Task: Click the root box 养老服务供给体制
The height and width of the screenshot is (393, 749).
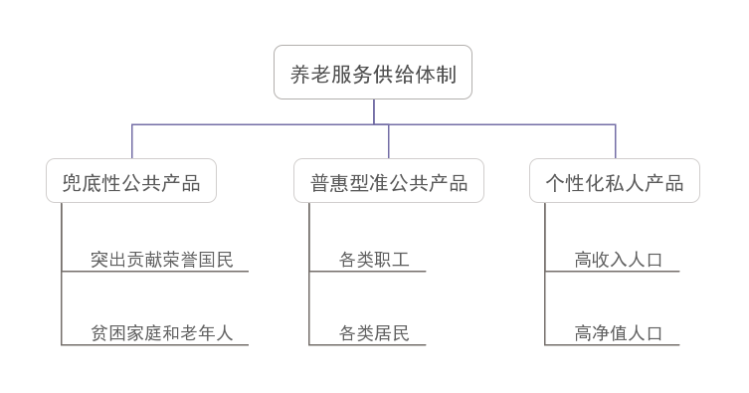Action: (x=373, y=73)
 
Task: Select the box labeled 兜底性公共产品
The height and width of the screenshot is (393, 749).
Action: (x=131, y=181)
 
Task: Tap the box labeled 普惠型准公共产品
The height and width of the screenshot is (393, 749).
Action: (x=389, y=181)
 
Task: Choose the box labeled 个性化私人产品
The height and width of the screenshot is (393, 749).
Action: (x=615, y=181)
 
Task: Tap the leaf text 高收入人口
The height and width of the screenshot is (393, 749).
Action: (x=618, y=260)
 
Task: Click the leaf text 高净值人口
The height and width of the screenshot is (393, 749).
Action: (x=618, y=333)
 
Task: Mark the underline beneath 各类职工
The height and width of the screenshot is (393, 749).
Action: (x=368, y=271)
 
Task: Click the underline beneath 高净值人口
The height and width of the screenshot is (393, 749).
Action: (x=613, y=345)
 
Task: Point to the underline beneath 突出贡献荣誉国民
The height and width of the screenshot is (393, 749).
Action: (x=155, y=271)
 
